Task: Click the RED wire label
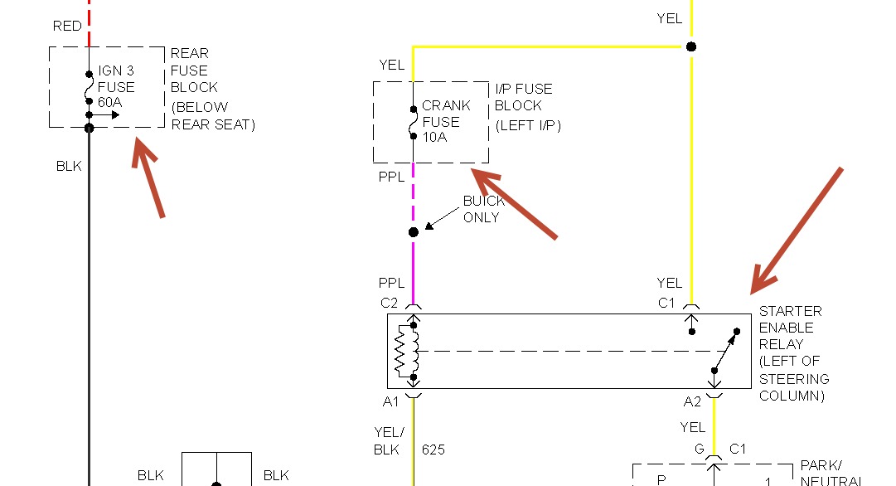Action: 67,26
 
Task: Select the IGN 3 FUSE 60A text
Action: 116,86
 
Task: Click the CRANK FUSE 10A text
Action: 446,121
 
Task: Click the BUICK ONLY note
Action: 482,209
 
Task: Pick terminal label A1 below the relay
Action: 390,401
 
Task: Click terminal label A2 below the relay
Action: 693,401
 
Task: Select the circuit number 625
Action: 433,450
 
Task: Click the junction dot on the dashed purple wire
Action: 414,232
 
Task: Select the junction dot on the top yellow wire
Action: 690,46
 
